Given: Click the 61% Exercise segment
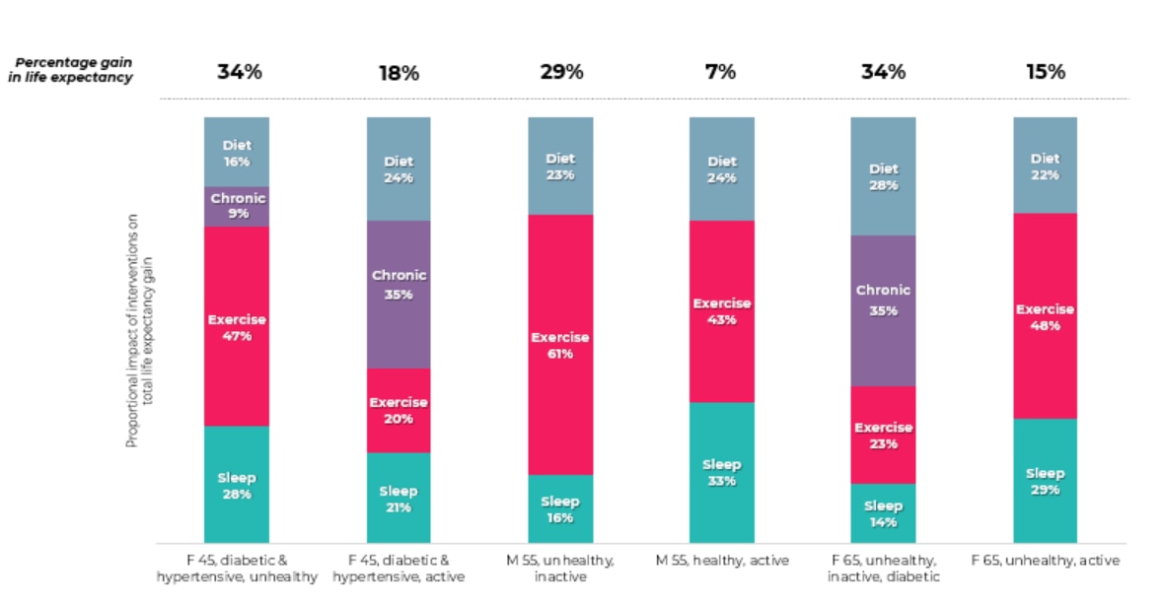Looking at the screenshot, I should pos(560,345).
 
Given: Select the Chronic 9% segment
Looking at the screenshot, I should pos(237,206).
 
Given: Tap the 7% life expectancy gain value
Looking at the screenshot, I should pos(720,72).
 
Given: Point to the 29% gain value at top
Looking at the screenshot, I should pos(560,72).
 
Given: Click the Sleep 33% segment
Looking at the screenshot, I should pos(721,473).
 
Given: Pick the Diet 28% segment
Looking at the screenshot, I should pos(883,176).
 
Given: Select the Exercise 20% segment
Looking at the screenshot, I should pos(399,410).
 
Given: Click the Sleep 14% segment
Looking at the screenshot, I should pos(883,513).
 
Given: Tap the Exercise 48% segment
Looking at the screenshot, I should pos(1045,316).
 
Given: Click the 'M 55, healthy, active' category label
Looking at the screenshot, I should pos(722,561).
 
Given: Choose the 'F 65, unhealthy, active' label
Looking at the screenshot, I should pos(1045,561).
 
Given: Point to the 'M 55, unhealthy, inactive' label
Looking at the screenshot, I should pos(560,569).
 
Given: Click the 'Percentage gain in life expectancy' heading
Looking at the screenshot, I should pos(73,70).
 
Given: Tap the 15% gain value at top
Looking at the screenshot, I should pos(1045,72).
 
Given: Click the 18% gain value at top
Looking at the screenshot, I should pos(399,73).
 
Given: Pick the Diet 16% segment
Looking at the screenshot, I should pos(237,153).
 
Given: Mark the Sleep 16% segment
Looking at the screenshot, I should pos(560,509).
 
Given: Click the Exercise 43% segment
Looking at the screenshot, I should pos(721,311).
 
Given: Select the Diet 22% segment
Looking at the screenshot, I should pos(1045,166).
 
